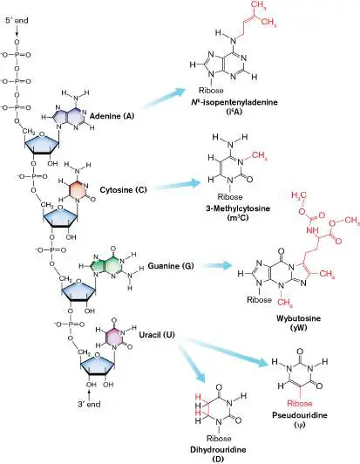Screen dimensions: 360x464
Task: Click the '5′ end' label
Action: [x=17, y=20]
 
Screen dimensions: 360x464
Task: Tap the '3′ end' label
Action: [x=89, y=404]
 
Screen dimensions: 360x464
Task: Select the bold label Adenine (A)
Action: [x=112, y=116]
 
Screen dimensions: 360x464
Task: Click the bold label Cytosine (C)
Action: [x=124, y=189]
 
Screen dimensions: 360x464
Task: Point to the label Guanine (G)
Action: [x=171, y=266]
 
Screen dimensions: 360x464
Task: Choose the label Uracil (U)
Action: [x=157, y=335]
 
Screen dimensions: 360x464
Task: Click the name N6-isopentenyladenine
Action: [x=234, y=102]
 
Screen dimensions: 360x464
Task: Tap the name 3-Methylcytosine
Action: [x=238, y=208]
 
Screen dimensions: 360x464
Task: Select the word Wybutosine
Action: [x=298, y=318]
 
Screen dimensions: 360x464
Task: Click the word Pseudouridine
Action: [x=300, y=415]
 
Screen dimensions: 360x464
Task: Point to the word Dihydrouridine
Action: [x=218, y=450]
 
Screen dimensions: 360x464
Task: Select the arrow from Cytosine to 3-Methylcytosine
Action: [x=178, y=184]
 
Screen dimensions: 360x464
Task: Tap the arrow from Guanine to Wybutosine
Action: [x=217, y=265]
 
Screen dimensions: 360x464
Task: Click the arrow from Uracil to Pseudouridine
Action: [x=225, y=351]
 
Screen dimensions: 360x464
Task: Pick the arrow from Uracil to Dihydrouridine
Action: [x=191, y=361]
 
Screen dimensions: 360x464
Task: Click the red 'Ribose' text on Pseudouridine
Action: [x=300, y=403]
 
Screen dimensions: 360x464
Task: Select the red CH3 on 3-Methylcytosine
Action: [x=260, y=156]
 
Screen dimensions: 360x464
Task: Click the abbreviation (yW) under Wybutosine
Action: [x=298, y=327]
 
